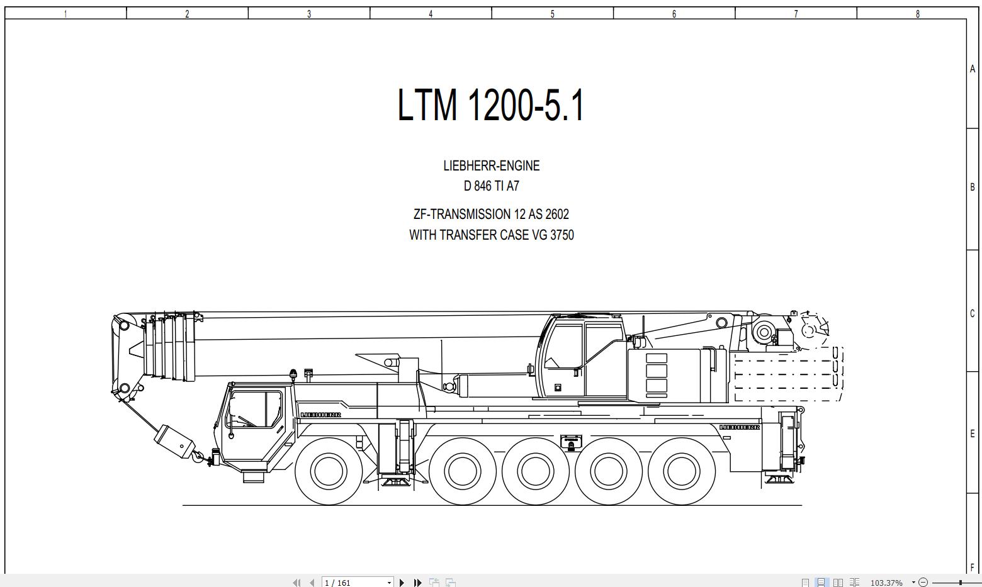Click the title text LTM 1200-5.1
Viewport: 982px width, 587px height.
[491, 104]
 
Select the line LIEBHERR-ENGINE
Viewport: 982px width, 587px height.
[491, 166]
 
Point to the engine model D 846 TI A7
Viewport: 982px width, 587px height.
[491, 186]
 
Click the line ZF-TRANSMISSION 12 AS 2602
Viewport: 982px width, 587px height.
[491, 215]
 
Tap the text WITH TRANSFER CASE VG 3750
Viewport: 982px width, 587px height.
[491, 235]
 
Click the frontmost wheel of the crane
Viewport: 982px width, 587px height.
[329, 471]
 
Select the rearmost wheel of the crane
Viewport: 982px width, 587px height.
[682, 471]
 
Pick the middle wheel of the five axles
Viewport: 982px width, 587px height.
[535, 471]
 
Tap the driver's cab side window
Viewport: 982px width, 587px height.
[255, 409]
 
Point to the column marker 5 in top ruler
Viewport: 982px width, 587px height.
[552, 14]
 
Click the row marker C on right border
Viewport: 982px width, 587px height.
[973, 313]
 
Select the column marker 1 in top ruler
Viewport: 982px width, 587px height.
[65, 14]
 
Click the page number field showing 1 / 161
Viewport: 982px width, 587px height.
[356, 583]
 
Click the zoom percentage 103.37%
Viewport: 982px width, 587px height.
[886, 583]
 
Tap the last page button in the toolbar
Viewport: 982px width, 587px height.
[417, 583]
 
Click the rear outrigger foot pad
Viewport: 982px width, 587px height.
[779, 480]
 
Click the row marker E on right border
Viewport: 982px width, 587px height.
[973, 433]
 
